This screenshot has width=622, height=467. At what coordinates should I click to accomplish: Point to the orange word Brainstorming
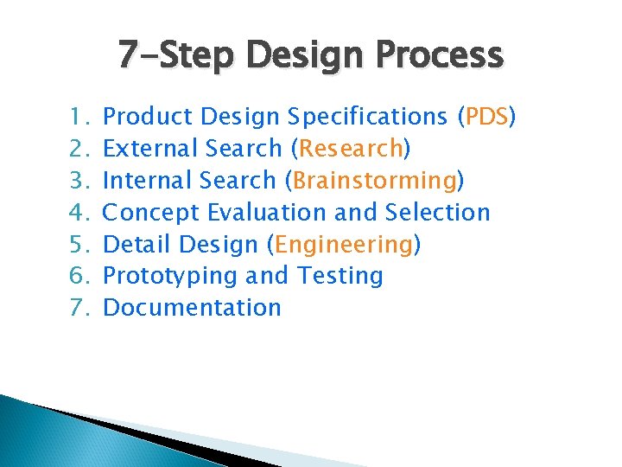click(x=374, y=180)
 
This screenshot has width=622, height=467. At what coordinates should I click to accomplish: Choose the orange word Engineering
click(x=343, y=244)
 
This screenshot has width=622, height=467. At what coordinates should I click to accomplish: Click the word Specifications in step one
click(x=369, y=116)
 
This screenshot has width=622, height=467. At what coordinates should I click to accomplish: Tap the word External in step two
click(x=148, y=148)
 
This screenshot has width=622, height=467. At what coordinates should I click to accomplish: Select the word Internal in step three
click(x=147, y=180)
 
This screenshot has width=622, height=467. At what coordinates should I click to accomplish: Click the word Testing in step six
click(x=340, y=276)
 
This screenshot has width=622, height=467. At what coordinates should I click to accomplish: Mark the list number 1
click(x=73, y=116)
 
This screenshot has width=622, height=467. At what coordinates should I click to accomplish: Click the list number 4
click(x=73, y=212)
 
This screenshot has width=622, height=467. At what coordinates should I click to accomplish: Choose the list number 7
click(x=73, y=308)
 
